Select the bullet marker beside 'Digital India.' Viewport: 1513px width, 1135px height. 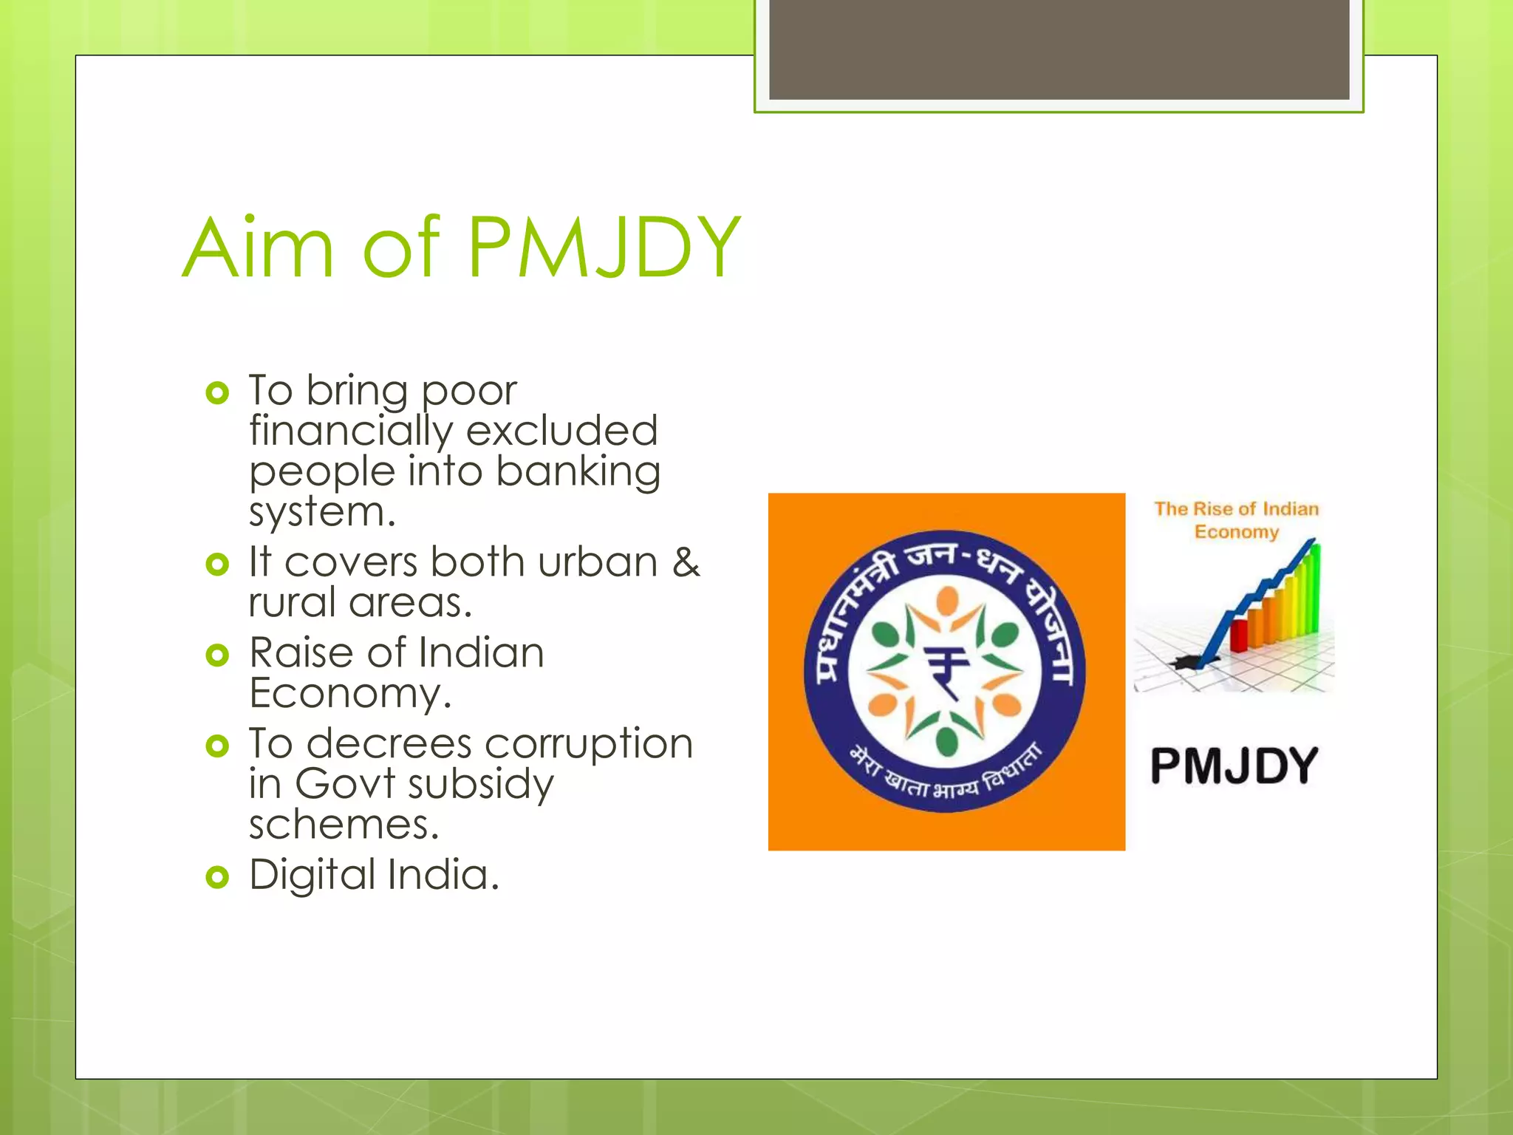(x=217, y=877)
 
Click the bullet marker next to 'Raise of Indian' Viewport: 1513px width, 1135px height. (x=217, y=655)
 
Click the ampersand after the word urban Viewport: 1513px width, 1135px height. (x=686, y=562)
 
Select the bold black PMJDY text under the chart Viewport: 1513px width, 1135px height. (x=1234, y=766)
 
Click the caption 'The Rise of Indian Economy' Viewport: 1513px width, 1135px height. (x=1237, y=520)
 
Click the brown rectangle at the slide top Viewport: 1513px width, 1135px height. (x=1059, y=49)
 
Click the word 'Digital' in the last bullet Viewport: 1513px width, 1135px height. (x=312, y=875)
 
